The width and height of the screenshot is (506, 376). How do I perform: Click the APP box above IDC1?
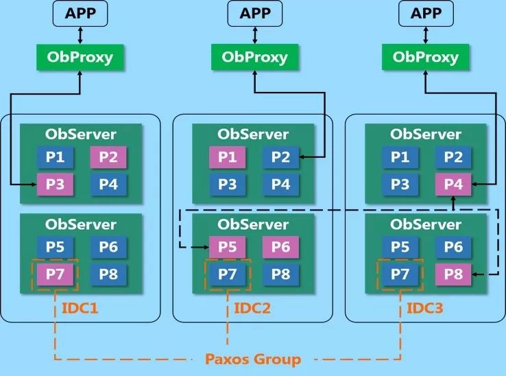81,14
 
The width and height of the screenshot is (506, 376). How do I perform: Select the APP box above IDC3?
425,14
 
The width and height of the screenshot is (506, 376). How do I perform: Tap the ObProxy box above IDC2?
254,57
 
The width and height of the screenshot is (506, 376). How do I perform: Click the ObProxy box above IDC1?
81,57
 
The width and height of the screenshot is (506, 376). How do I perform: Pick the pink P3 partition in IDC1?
55,184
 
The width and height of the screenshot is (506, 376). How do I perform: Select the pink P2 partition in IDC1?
108,158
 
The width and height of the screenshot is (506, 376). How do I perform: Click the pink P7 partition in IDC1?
55,274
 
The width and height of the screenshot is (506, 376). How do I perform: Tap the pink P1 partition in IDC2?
227,158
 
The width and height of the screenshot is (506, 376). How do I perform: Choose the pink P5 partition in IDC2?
227,248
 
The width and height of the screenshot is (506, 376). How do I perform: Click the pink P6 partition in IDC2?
280,248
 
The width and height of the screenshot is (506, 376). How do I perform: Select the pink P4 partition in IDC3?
453,184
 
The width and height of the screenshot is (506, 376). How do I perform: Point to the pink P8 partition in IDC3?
453,274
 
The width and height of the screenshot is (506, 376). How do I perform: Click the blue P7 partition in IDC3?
400,274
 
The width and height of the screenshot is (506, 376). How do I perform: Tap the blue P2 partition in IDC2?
280,158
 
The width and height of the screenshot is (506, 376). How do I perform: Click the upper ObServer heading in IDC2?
253,134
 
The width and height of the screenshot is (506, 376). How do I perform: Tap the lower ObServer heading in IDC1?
81,224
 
